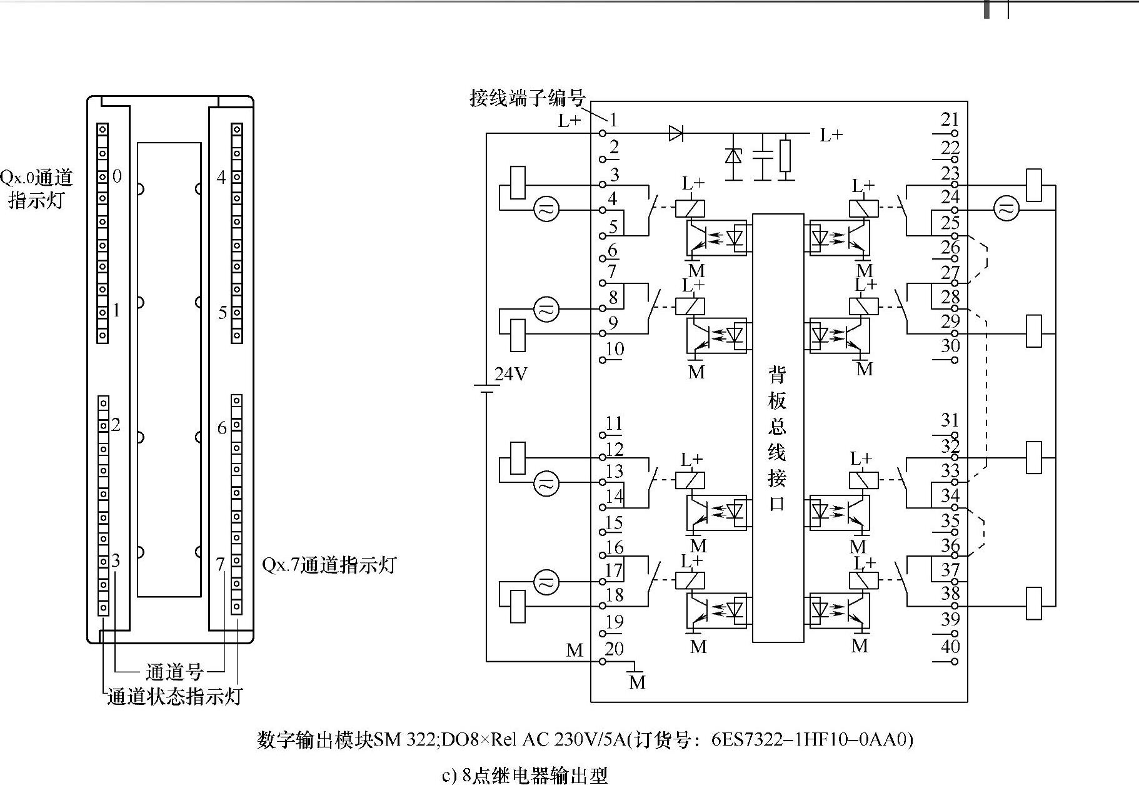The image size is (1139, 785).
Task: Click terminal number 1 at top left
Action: tap(613, 120)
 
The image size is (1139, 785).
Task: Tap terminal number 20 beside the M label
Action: tap(614, 649)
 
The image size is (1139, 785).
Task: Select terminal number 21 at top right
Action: tap(950, 119)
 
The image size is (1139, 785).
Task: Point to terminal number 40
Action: tap(950, 647)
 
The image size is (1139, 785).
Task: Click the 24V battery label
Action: tap(511, 374)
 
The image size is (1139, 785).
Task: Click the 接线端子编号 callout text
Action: tap(527, 98)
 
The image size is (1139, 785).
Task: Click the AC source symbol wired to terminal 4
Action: tap(546, 210)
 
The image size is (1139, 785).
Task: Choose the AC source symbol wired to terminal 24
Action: tap(1006, 210)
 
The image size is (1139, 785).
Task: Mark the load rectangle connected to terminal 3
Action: tap(518, 183)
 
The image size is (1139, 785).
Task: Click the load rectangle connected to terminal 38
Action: tap(1034, 604)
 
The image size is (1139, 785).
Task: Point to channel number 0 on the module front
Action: tap(118, 176)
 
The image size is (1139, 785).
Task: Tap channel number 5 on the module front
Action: tap(222, 311)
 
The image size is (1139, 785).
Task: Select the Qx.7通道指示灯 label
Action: tap(329, 565)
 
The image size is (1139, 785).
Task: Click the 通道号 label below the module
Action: tap(174, 672)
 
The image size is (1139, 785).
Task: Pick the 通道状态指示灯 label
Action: tap(174, 697)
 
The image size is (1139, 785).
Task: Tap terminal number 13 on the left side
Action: tap(615, 472)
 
